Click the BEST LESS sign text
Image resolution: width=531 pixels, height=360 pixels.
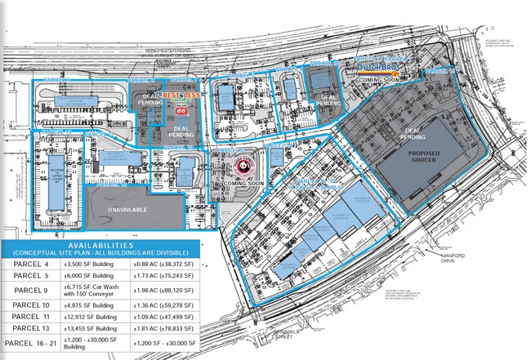coord(177,96)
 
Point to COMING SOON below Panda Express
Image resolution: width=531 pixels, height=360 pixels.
coord(243,184)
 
